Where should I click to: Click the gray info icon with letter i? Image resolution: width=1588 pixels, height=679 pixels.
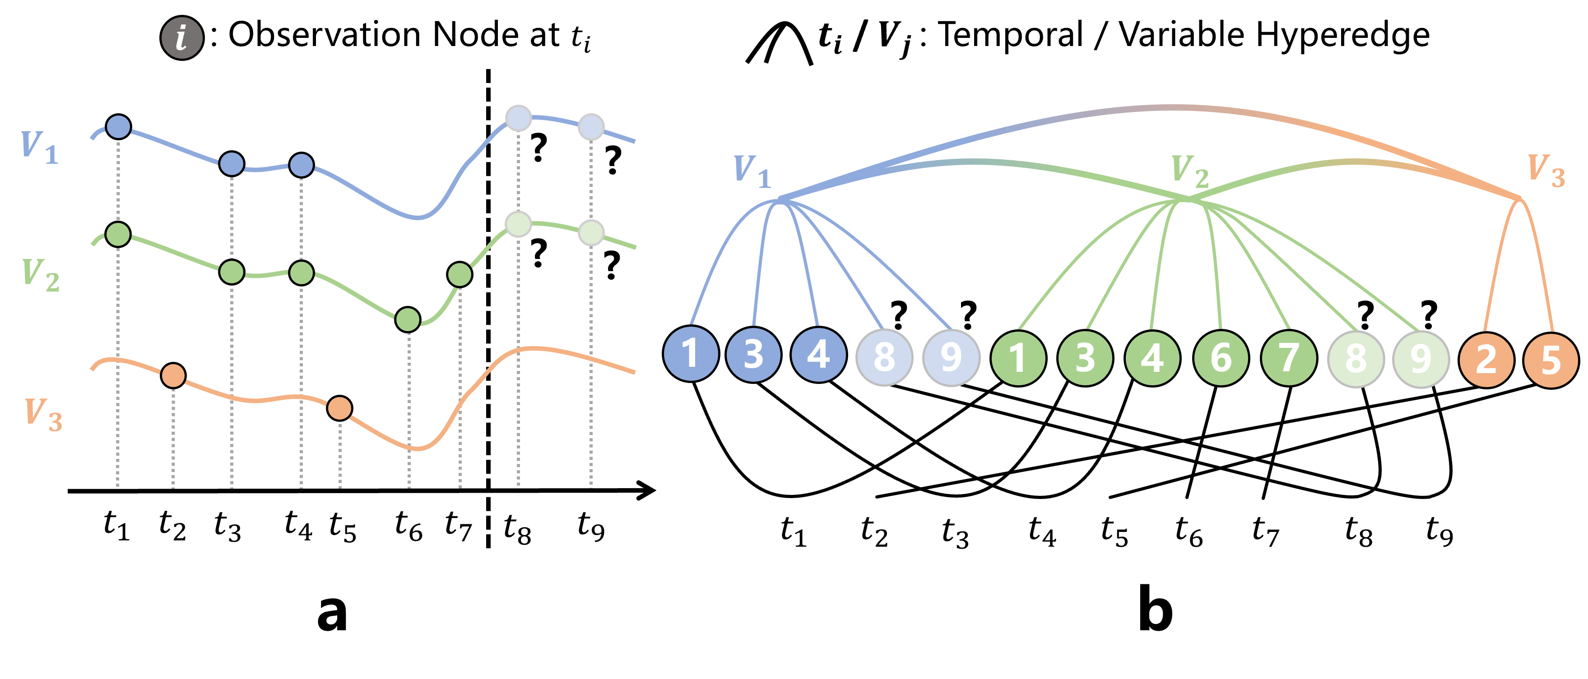tap(182, 38)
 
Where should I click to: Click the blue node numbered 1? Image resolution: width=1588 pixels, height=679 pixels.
tap(691, 354)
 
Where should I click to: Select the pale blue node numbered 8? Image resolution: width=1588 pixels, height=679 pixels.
tap(884, 357)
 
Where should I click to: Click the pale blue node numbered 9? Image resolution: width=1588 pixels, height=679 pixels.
tap(951, 357)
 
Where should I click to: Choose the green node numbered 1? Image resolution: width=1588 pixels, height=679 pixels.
tap(1018, 358)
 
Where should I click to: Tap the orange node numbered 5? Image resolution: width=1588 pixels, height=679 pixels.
tap(1551, 360)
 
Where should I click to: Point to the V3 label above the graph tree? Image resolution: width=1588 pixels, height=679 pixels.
tap(1546, 170)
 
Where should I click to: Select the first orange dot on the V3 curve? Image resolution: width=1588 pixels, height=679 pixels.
tap(173, 375)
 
